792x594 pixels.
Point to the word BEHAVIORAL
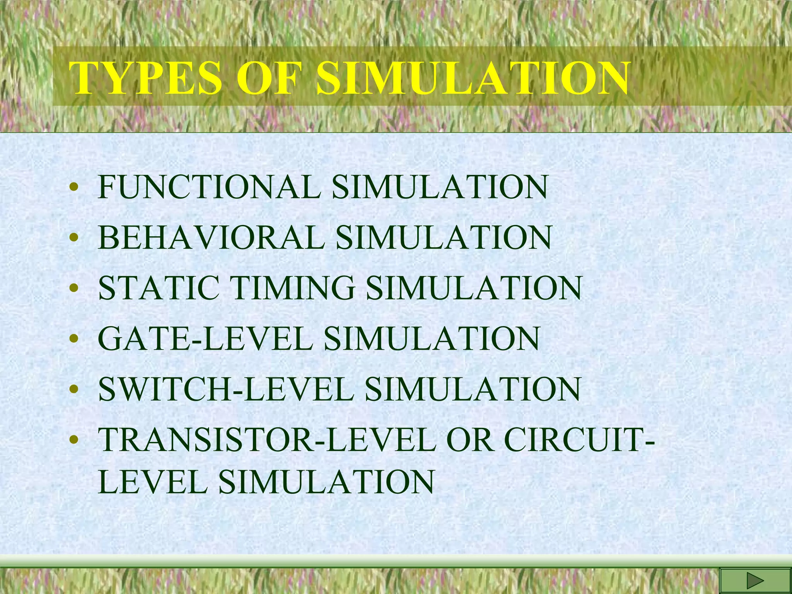(x=211, y=237)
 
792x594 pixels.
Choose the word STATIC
(x=159, y=288)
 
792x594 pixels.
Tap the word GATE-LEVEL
(x=205, y=338)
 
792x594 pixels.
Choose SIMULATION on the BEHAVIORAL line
(x=443, y=237)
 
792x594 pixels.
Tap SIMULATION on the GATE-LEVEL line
(x=432, y=338)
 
